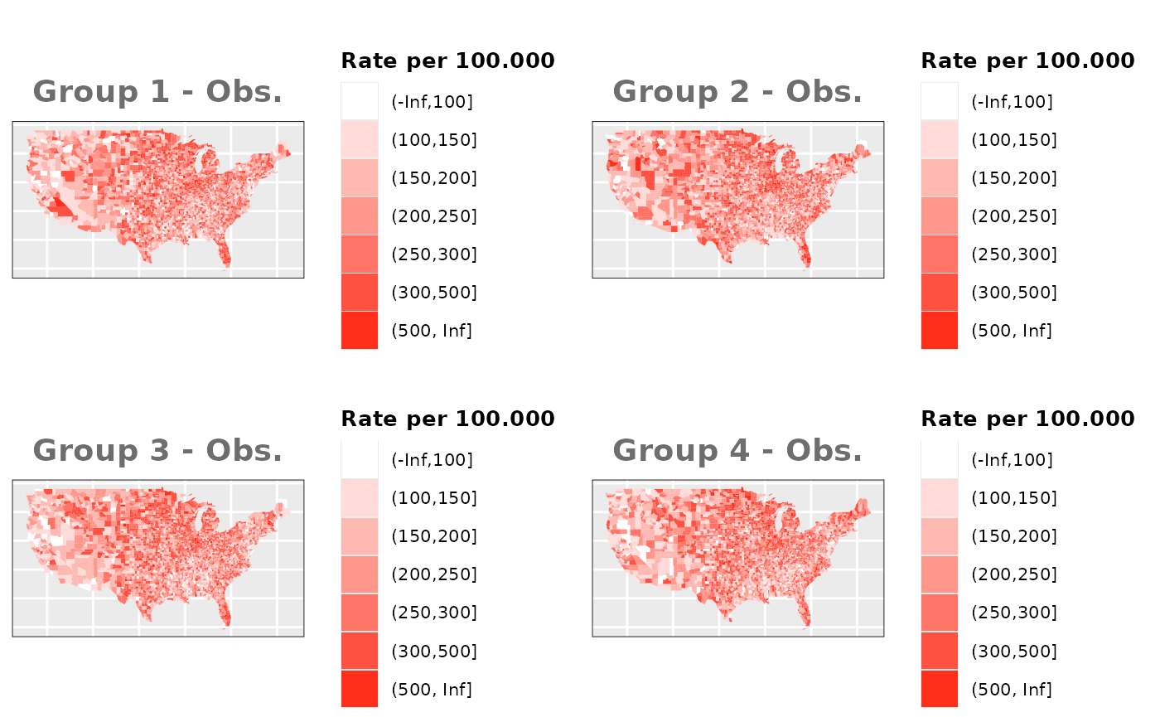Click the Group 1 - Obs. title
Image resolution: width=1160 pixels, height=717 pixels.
157,92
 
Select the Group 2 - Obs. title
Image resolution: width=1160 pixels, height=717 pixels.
737,92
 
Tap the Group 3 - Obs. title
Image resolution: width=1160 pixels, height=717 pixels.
157,451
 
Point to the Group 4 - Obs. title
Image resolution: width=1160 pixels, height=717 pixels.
737,451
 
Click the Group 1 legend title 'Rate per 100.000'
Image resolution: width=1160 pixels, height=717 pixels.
447,61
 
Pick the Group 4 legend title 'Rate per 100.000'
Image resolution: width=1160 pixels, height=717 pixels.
1027,419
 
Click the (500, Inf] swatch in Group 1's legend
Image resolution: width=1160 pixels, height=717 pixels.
360,331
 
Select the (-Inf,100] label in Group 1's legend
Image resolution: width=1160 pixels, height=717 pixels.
432,102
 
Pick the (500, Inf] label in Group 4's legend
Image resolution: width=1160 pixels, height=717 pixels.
1012,689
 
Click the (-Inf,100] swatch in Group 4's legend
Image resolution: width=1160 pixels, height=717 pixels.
940,460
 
